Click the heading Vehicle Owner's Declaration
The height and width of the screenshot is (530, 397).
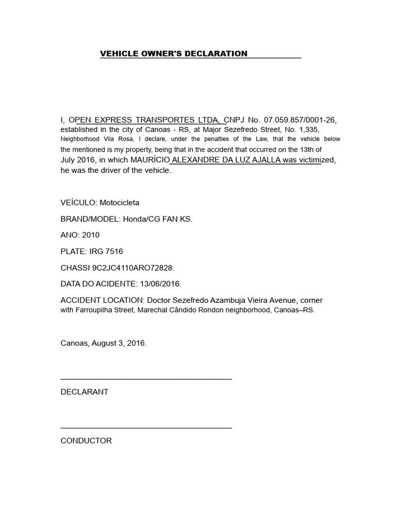174,54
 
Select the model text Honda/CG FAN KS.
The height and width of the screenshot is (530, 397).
157,219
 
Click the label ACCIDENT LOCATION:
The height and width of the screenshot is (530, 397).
103,300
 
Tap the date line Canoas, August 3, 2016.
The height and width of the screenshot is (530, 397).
103,343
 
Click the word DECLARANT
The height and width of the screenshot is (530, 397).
84,392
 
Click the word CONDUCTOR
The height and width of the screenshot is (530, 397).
86,441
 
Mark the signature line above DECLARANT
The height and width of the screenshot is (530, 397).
146,379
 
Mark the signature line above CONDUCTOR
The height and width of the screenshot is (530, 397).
146,428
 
